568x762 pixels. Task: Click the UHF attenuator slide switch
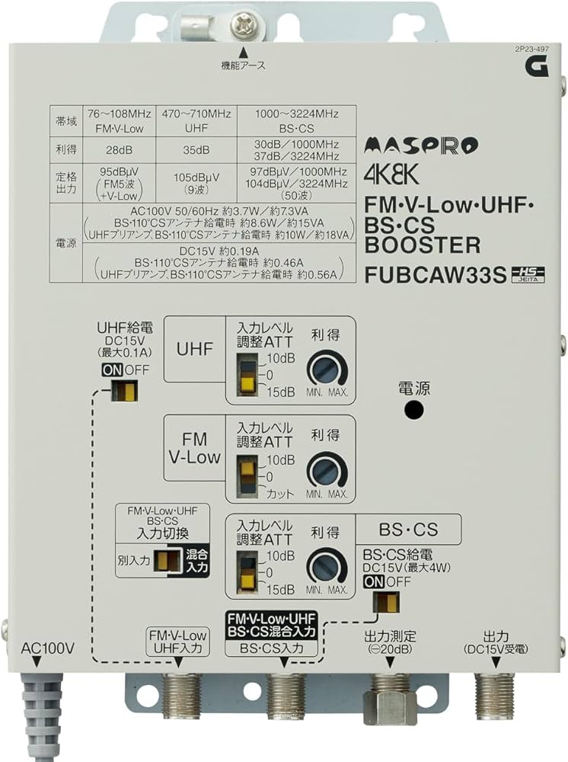pos(246,373)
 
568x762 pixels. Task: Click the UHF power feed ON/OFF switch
pos(124,391)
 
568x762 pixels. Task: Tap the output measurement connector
pos(388,693)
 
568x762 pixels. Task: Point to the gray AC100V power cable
pos(37,716)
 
